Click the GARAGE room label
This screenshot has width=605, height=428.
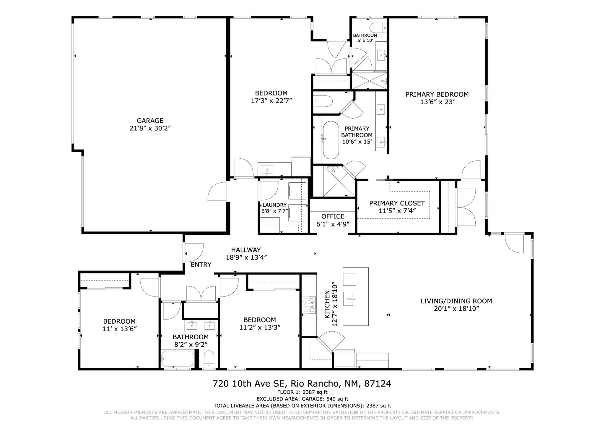coord(150,121)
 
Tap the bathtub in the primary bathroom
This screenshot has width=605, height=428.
coord(331,140)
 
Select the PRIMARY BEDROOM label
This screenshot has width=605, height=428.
coord(437,94)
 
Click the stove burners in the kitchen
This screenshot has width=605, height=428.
coord(309,305)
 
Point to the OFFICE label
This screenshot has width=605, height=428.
coord(333,216)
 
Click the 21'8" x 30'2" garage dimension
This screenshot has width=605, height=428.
coord(150,128)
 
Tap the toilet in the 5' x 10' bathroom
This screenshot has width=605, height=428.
coord(378,27)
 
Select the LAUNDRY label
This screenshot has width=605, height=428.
coord(274,205)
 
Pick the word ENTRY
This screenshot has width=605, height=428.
coord(201,265)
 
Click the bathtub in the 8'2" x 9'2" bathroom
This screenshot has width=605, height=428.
coord(177,359)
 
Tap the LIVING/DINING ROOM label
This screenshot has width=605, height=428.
coord(456,301)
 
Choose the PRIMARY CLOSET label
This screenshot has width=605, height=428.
coord(397,203)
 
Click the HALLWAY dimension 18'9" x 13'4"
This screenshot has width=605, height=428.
coord(246,257)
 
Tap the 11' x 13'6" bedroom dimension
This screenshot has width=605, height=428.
coord(119,329)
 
